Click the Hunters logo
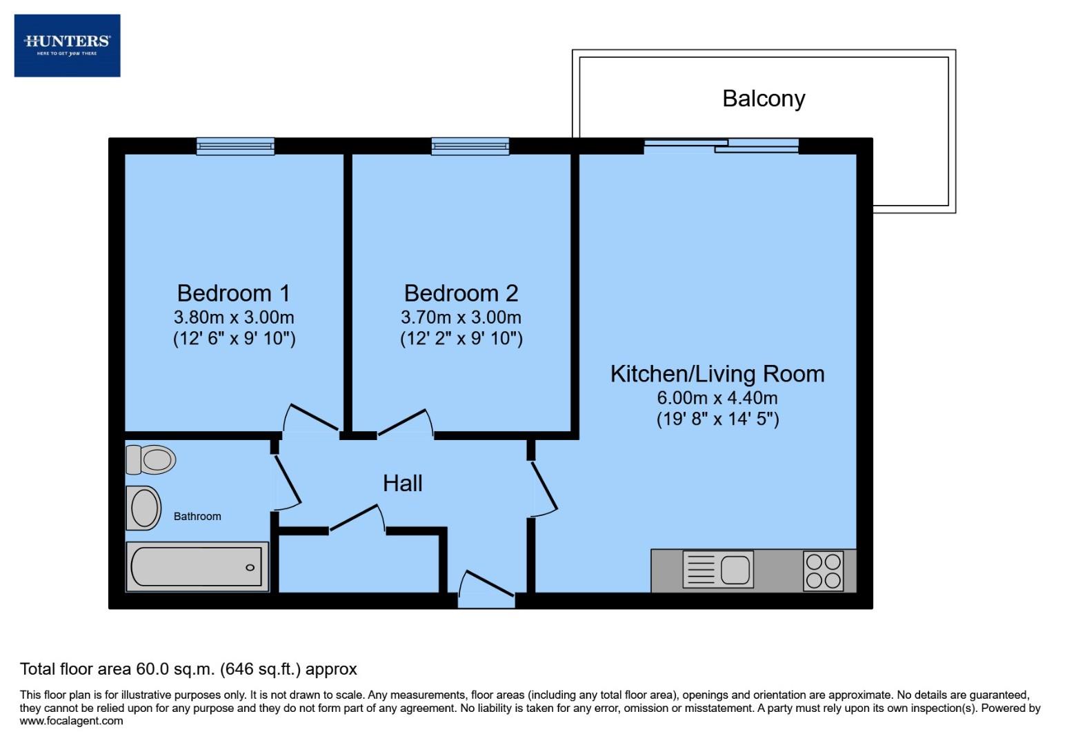[x=67, y=45]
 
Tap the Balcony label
[x=764, y=99]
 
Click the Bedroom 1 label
[x=233, y=293]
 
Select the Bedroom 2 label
[x=461, y=293]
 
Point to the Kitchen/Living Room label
[x=717, y=374]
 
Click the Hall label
[x=402, y=483]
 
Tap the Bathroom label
[x=197, y=516]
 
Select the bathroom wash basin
[x=143, y=508]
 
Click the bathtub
[x=197, y=567]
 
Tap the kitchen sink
[x=718, y=570]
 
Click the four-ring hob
[x=824, y=570]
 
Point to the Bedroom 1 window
[x=235, y=146]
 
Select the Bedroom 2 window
[x=470, y=146]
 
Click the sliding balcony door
[x=721, y=145]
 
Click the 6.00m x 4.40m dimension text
[x=717, y=398]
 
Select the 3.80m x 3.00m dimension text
[x=233, y=317]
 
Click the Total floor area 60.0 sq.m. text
[x=188, y=668]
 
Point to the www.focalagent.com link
[x=72, y=721]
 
